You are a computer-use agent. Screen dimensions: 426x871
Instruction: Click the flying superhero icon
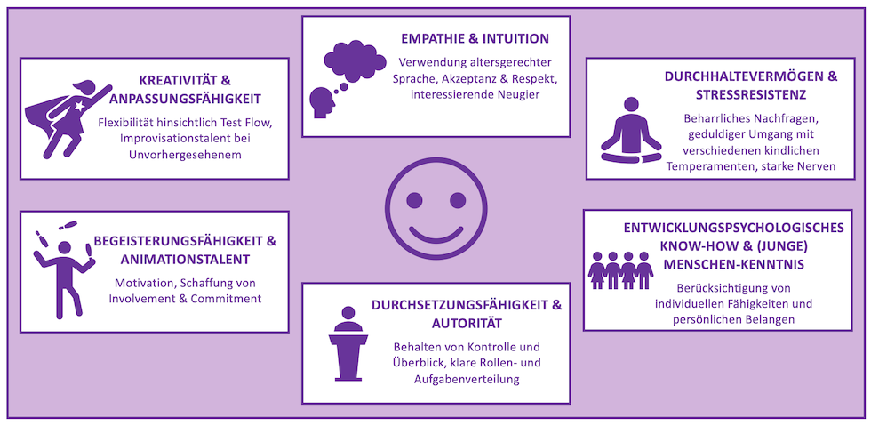tap(66, 119)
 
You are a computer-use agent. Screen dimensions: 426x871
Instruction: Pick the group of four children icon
tap(620, 269)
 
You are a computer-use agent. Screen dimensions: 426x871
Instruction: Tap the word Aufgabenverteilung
tap(467, 380)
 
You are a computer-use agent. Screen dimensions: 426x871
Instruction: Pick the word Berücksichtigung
tap(698, 287)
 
